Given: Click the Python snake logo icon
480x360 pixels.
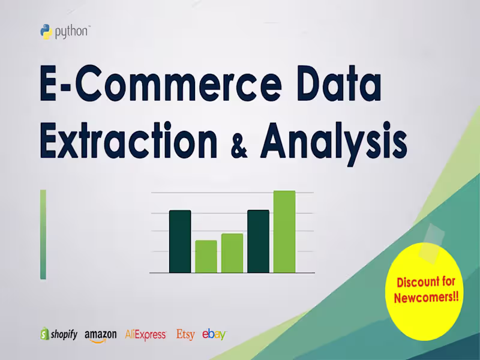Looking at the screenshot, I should coord(46,32).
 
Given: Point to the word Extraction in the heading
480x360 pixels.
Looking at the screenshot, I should coord(128,141).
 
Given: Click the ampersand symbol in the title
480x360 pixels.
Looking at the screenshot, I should coord(239,146).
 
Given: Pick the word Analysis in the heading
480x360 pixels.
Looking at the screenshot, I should coord(334,142).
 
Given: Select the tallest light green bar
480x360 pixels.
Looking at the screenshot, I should coord(284,232).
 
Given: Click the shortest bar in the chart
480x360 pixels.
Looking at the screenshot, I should coord(206,256).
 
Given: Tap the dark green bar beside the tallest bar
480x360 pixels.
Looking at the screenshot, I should coord(258,241).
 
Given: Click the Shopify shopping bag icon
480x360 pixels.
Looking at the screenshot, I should coord(44,334).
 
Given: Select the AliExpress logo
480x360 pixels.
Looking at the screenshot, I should coord(145,335).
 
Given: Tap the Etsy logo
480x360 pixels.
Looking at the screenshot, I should coord(185,334).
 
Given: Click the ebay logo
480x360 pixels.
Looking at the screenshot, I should coord(214,334).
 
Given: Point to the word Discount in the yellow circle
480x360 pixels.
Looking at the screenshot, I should coord(426,282).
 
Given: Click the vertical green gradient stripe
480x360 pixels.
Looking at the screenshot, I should coord(43,234).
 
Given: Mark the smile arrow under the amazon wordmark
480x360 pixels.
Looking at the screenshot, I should coord(101,341).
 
